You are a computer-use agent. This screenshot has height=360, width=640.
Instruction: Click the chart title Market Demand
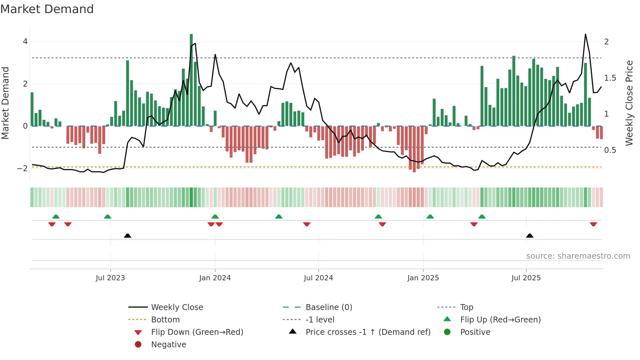[x=47, y=9]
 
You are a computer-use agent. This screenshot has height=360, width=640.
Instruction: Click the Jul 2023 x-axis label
[x=110, y=278]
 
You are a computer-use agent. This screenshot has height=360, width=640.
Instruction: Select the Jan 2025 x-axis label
[x=423, y=278]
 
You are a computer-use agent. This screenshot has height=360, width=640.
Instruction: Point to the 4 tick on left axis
[x=25, y=41]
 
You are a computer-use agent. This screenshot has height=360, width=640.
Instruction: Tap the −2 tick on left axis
[x=23, y=169]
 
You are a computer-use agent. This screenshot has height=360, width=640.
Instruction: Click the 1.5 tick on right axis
[x=610, y=78]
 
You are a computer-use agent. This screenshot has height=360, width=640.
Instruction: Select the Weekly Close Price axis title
[x=629, y=103]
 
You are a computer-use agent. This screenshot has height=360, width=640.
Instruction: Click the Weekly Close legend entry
[x=177, y=307]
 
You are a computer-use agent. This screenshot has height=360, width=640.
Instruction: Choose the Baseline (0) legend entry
[x=328, y=307]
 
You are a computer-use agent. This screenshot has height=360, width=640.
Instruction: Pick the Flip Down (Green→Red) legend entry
[x=197, y=332]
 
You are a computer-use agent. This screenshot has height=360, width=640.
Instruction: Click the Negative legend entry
[x=168, y=345]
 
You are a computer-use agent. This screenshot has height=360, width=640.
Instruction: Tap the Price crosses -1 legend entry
[x=368, y=332]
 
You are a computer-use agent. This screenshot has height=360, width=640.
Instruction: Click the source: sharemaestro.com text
[x=578, y=256]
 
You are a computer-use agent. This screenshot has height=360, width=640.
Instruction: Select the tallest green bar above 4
[x=191, y=78]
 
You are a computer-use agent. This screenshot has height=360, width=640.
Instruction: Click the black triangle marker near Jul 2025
[x=530, y=236]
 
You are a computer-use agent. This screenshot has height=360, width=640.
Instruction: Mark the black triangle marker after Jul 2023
[x=128, y=236]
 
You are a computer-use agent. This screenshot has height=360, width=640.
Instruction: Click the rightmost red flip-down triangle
[x=593, y=224]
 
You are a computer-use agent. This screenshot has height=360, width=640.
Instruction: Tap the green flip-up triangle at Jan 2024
[x=215, y=217]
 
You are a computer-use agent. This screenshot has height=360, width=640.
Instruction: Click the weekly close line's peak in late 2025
[x=585, y=34]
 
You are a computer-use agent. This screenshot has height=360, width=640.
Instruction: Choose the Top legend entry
[x=466, y=307]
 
